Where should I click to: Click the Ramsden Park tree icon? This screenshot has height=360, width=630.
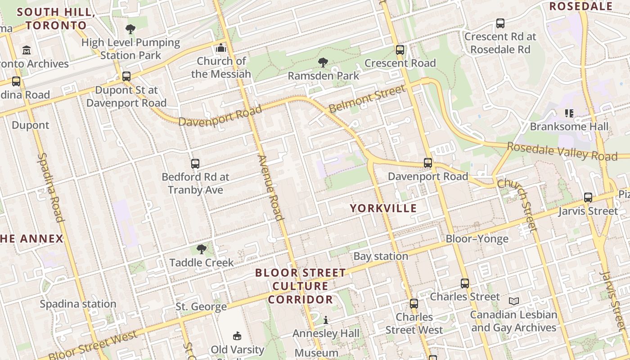(x=323, y=62)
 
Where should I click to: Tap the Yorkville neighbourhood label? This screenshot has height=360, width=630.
(x=383, y=208)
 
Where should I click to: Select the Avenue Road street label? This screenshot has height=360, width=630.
(x=271, y=188)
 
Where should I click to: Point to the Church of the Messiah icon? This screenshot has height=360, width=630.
(x=221, y=48)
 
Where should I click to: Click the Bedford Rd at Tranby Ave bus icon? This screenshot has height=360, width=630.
(x=195, y=164)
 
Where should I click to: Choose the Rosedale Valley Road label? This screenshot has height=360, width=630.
(x=562, y=152)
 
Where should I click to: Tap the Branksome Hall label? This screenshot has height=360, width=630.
(x=569, y=126)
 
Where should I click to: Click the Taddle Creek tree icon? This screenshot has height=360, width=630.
(x=202, y=249)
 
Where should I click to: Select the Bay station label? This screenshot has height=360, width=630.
(x=381, y=256)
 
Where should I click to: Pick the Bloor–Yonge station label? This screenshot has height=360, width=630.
(x=477, y=238)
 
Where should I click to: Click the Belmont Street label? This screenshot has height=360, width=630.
(x=367, y=99)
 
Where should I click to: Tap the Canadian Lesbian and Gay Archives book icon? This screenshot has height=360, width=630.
(x=513, y=301)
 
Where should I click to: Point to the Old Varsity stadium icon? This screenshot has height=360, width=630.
(x=237, y=336)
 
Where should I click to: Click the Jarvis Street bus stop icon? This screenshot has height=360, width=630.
(x=588, y=197)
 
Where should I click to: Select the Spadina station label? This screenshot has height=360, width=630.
(x=78, y=304)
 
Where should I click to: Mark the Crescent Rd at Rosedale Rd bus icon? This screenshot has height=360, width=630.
(x=500, y=23)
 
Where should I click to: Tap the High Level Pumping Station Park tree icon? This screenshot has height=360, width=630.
(x=130, y=29)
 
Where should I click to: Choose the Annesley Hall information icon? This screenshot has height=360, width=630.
(x=326, y=320)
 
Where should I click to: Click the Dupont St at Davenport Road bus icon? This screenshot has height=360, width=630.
(x=126, y=76)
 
